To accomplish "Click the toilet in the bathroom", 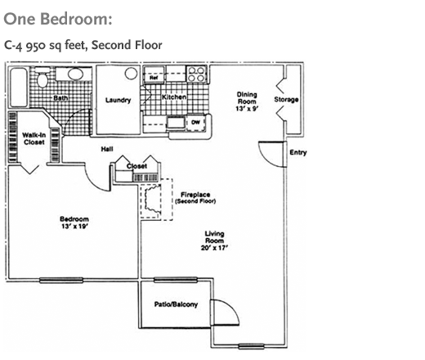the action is click(42, 78).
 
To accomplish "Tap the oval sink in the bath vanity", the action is click(76, 74).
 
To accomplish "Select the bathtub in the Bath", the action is click(19, 88).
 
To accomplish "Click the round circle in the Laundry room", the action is click(131, 74).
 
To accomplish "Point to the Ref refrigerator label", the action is click(154, 78).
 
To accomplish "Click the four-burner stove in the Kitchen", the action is click(196, 74).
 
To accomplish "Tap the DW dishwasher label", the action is click(195, 122).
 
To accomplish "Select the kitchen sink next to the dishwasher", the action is click(176, 122).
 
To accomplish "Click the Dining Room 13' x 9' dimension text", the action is click(247, 109).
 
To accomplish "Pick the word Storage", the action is click(286, 100).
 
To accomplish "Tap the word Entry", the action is click(298, 152).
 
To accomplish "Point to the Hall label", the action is click(107, 149).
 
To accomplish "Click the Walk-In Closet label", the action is click(34, 138).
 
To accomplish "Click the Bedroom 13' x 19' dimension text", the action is click(74, 227).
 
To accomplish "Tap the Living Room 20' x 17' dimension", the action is click(214, 248).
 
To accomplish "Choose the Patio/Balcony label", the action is click(176, 304).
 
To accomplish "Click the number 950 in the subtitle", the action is click(35, 46).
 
